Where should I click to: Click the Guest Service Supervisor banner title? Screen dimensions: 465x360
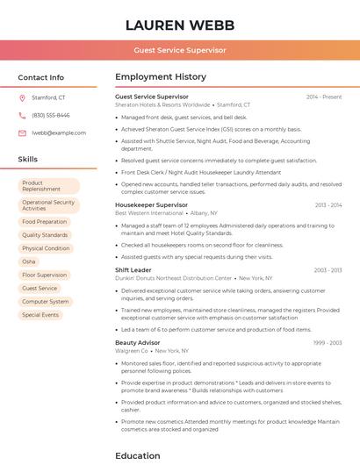180,50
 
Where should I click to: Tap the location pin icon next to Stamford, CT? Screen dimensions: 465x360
22,97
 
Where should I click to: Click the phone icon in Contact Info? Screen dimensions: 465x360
22,115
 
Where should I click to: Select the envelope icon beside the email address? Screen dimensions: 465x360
22,132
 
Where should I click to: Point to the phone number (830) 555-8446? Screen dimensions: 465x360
50,115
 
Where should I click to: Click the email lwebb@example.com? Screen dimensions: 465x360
59,132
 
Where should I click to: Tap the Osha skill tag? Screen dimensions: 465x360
30,261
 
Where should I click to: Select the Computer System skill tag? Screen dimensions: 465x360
46,301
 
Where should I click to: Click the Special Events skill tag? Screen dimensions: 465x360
40,314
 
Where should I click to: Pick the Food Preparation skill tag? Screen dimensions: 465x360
45,222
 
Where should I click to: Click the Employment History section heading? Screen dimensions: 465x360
161,77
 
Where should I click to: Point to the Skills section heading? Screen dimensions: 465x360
28,159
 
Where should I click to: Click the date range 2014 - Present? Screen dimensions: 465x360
324,97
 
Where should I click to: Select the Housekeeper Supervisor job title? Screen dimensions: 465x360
151,204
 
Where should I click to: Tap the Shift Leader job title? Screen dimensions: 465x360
133,270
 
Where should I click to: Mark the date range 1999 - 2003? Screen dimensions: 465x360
328,343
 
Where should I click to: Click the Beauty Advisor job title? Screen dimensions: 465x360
138,342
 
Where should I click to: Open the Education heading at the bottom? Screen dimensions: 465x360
138,455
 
